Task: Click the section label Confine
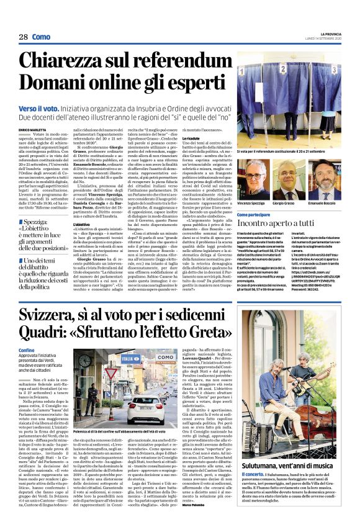tap(27, 350)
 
